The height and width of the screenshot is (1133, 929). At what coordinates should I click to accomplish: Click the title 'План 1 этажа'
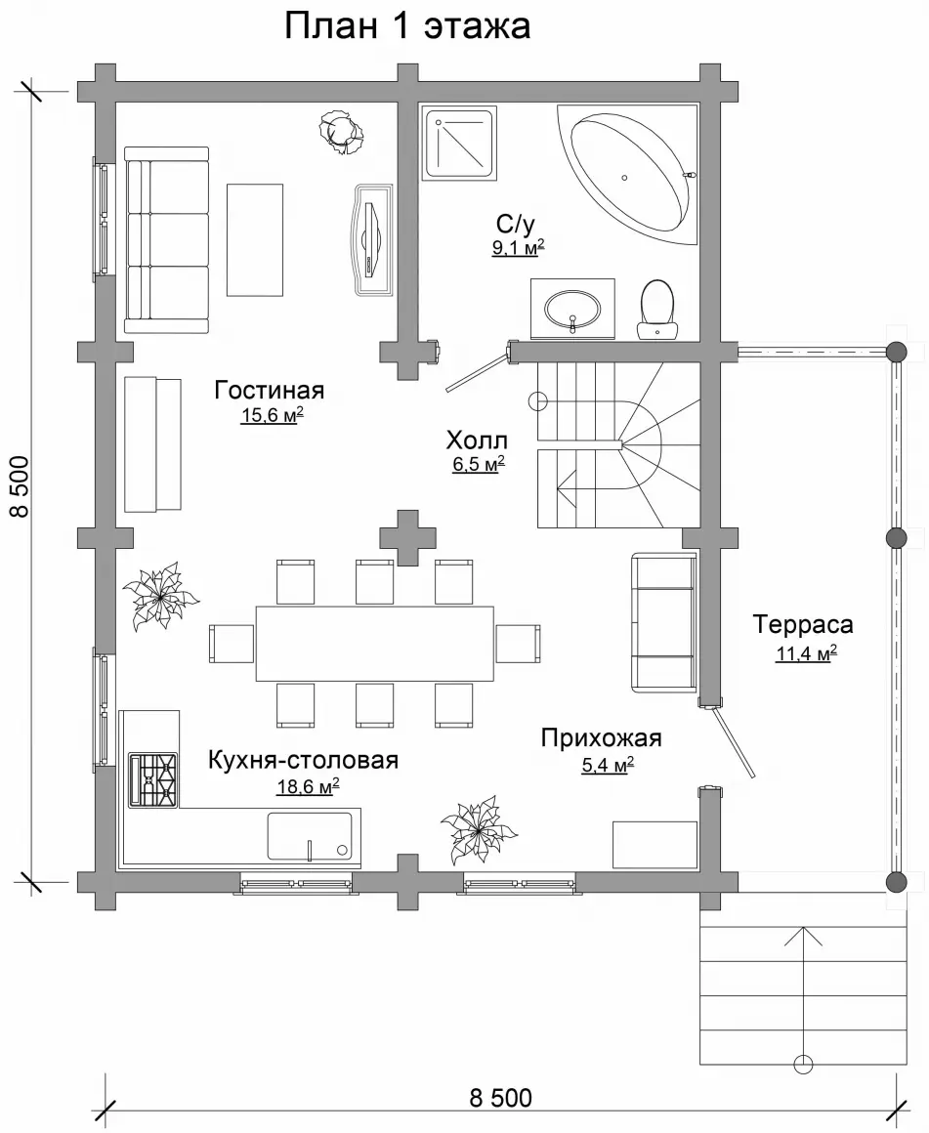pyautogui.click(x=407, y=26)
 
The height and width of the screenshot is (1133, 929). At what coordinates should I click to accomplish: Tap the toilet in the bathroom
pyautogui.click(x=656, y=310)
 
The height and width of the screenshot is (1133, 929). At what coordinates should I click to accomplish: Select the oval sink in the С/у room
pyautogui.click(x=571, y=310)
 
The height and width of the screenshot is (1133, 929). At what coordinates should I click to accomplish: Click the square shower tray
pyautogui.click(x=460, y=143)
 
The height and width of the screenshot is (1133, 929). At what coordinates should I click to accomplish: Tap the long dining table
pyautogui.click(x=374, y=643)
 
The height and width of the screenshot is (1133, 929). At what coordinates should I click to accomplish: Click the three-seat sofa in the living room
pyautogui.click(x=166, y=240)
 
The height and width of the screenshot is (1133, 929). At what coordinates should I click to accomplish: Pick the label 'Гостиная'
pyautogui.click(x=269, y=390)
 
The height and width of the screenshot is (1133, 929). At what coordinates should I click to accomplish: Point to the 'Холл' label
pyautogui.click(x=477, y=441)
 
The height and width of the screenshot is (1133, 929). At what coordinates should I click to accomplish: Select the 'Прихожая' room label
pyautogui.click(x=602, y=737)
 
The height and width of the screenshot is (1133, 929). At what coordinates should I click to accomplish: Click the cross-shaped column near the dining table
pyautogui.click(x=408, y=537)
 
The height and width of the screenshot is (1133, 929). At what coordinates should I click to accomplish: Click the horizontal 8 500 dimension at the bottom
pyautogui.click(x=500, y=1098)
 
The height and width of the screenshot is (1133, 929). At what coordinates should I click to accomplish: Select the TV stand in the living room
pyautogui.click(x=373, y=239)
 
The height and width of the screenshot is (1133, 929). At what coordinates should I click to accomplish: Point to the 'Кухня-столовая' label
pyautogui.click(x=304, y=760)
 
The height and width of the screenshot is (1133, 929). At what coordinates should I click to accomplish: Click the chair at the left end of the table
pyautogui.click(x=232, y=643)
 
